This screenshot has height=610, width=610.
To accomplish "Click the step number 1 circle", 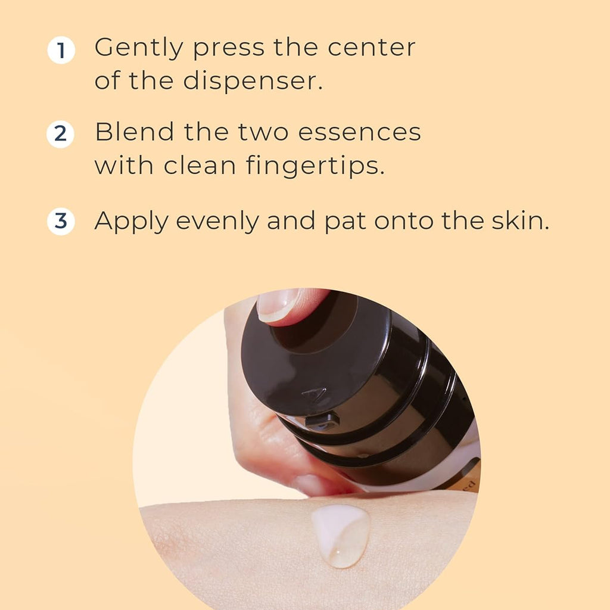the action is [61, 50].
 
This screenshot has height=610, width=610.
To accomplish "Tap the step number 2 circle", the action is [60, 134].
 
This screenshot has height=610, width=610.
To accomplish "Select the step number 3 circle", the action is [61, 221].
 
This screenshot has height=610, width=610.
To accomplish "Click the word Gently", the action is [139, 48].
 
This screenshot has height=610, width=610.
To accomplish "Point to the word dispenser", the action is [253, 81].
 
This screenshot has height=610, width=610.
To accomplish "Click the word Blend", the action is [135, 132].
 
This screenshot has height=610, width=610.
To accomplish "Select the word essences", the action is [359, 132].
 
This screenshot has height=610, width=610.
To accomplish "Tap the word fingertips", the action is [315, 166].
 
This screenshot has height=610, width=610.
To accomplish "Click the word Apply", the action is [132, 222].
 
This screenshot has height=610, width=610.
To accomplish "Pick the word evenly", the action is [217, 222].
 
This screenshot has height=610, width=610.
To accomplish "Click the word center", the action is [372, 48].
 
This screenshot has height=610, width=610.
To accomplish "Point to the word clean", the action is [200, 166].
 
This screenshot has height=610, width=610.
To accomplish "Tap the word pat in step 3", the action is [345, 222].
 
